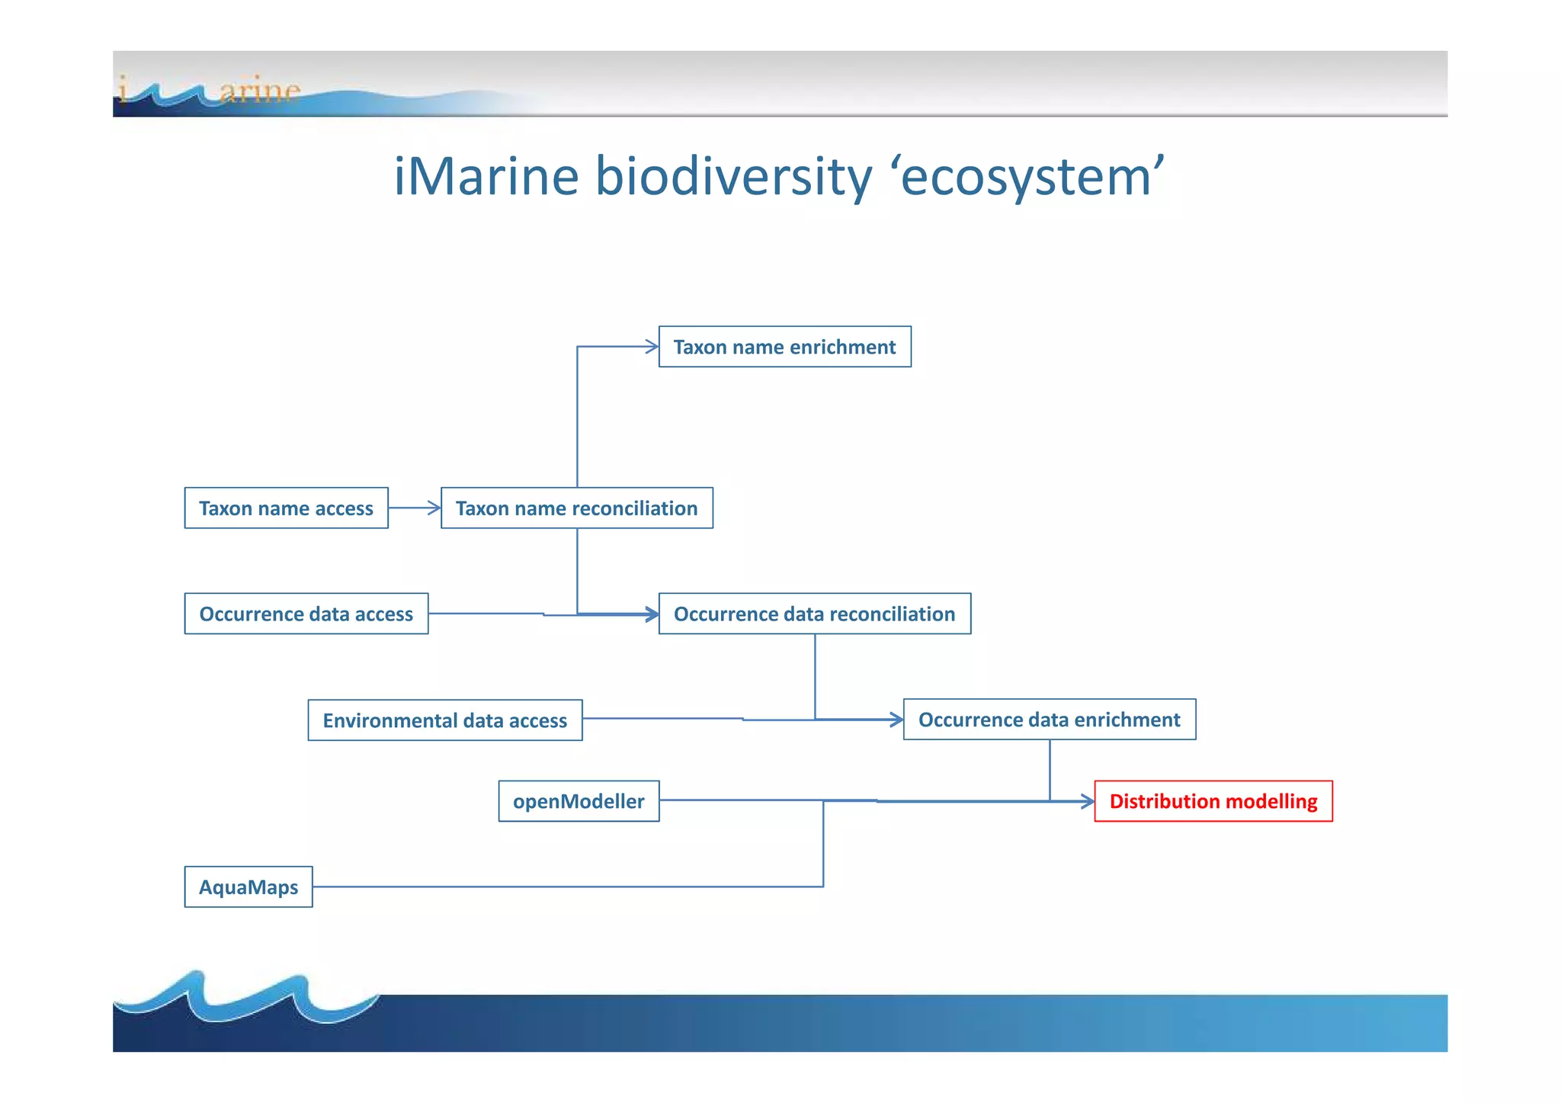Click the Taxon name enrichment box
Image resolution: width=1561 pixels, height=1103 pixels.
[x=784, y=347]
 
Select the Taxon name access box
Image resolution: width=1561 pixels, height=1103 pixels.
[x=286, y=508]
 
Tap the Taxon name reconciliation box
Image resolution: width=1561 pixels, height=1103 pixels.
[x=576, y=508]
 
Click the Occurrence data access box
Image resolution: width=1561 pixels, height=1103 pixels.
[x=306, y=614]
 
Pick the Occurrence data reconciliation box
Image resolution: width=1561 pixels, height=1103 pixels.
[x=814, y=614]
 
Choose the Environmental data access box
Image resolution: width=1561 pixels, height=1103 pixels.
[x=444, y=720]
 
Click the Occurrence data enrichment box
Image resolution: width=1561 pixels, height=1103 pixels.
[x=1049, y=720]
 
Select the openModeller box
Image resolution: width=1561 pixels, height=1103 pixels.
[x=579, y=801]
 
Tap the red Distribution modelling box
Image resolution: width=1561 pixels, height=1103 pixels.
[x=1213, y=801]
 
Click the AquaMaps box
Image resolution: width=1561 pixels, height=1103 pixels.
[x=248, y=887]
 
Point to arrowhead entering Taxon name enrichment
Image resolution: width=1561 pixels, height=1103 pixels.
[x=652, y=347]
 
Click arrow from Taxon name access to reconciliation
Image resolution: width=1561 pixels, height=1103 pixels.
[x=414, y=508]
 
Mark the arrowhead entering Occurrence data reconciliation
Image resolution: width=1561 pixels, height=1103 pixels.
[x=652, y=614]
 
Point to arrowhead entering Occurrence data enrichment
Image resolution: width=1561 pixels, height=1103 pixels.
[x=896, y=720]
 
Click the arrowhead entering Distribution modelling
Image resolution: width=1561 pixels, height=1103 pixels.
[x=1088, y=801]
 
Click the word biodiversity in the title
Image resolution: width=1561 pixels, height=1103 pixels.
[x=732, y=177]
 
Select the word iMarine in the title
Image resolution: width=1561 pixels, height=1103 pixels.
[x=486, y=177]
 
